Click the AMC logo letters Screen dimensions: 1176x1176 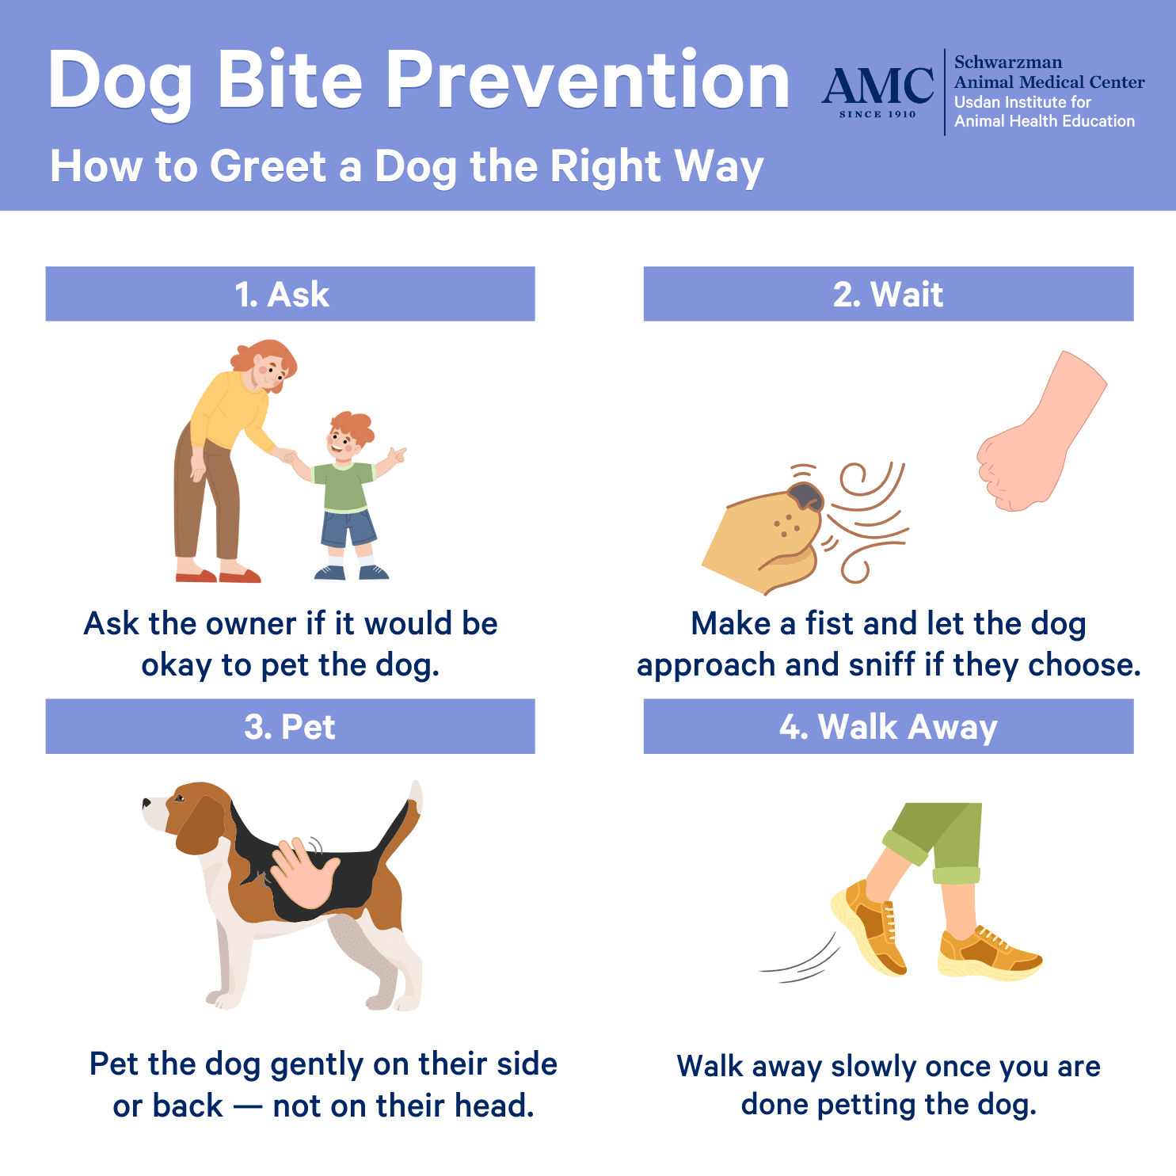click(877, 85)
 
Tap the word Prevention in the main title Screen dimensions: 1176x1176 click(588, 80)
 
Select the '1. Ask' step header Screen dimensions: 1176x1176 click(290, 294)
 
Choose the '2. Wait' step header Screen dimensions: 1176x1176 click(889, 294)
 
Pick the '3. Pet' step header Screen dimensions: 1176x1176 click(290, 726)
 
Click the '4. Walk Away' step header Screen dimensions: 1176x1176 click(889, 726)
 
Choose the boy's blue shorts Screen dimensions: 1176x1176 click(348, 528)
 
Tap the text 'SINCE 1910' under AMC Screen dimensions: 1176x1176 click(877, 115)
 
